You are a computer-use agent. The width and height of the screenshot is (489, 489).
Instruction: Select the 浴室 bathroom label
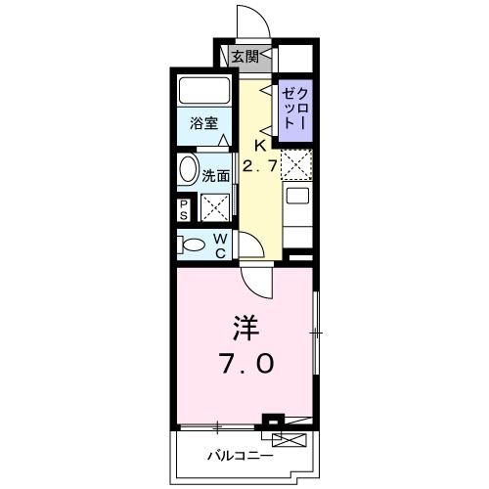point(203,125)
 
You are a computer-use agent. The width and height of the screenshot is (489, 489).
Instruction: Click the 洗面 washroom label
point(216,176)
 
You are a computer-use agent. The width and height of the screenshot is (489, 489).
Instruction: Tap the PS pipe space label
point(184,208)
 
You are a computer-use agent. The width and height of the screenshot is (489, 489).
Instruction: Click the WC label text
point(221,244)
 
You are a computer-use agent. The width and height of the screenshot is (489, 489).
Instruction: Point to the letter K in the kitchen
point(261,146)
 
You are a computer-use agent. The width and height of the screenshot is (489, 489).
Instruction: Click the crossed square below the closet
point(296,163)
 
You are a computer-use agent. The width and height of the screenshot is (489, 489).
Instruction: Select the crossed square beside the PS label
point(214,206)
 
